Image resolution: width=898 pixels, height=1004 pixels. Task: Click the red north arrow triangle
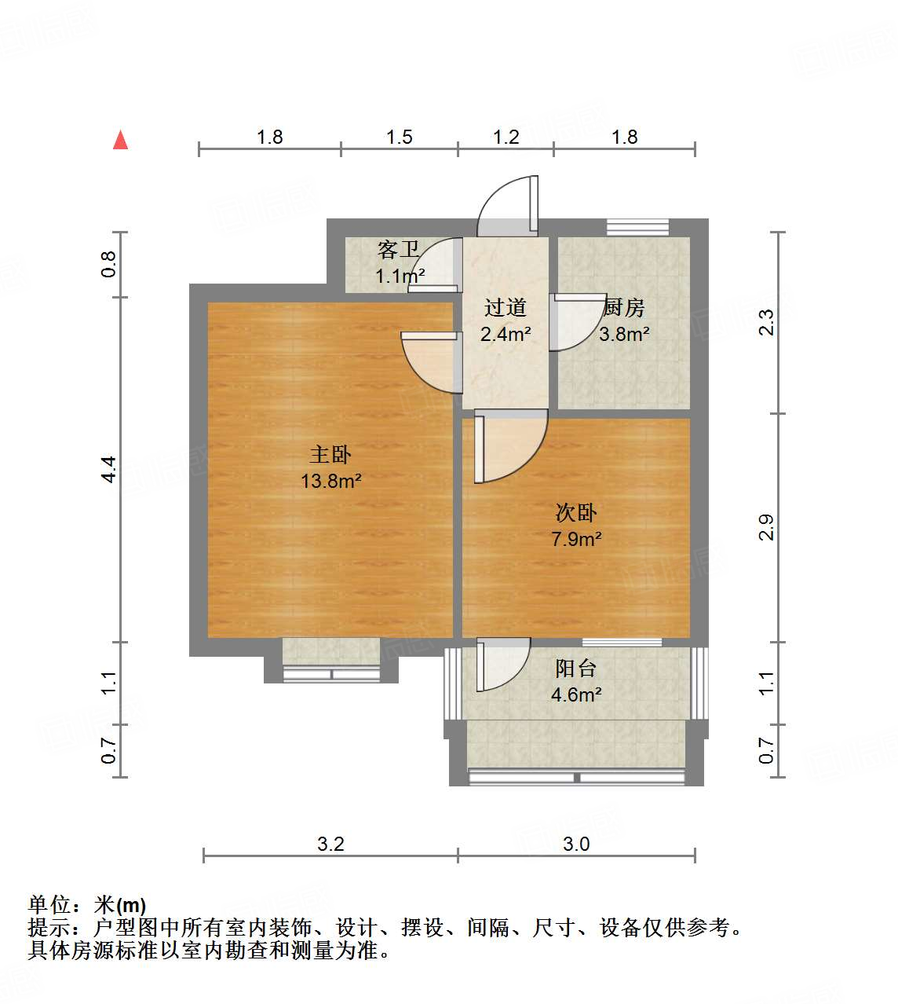pyautogui.click(x=120, y=140)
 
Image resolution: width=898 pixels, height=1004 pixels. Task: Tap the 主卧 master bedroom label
pyautogui.click(x=330, y=454)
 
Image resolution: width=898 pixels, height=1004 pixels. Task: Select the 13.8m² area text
pyautogui.click(x=330, y=481)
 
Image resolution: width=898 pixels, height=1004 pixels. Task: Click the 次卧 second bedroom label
pyautogui.click(x=576, y=513)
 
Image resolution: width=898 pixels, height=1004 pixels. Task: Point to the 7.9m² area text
pyautogui.click(x=576, y=539)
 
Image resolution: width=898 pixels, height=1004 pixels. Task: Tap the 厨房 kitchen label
pyautogui.click(x=624, y=307)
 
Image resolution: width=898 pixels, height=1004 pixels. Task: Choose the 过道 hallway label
pyautogui.click(x=505, y=307)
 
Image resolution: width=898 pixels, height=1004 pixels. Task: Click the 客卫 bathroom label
pyautogui.click(x=399, y=250)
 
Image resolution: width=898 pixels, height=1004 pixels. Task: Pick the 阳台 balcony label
pyautogui.click(x=576, y=669)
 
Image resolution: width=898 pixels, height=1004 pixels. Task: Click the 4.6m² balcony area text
pyautogui.click(x=576, y=694)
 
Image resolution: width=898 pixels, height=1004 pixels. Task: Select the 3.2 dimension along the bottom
pyautogui.click(x=330, y=844)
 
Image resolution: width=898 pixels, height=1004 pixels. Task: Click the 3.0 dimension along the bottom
pyautogui.click(x=576, y=844)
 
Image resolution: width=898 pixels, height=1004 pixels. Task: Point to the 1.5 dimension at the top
pyautogui.click(x=399, y=137)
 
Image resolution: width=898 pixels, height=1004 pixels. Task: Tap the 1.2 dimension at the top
pyautogui.click(x=506, y=137)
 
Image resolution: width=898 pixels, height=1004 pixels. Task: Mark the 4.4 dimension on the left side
pyautogui.click(x=109, y=469)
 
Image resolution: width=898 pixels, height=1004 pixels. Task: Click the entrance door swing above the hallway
pyautogui.click(x=509, y=206)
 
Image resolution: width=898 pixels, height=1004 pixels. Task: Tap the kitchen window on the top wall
pyautogui.click(x=637, y=227)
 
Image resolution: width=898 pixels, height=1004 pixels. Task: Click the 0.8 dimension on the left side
pyautogui.click(x=109, y=264)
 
